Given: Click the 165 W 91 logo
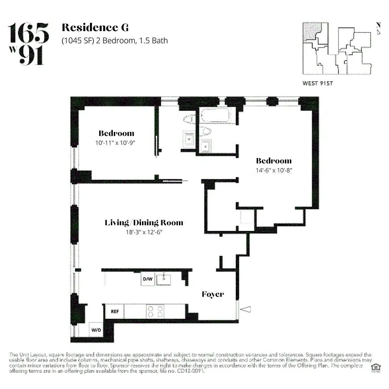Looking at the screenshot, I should click(x=29, y=43).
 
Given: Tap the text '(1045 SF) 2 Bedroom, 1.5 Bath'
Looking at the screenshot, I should click(x=114, y=40).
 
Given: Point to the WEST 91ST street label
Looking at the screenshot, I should click(x=318, y=83).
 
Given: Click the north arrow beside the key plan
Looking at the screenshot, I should click(x=378, y=29).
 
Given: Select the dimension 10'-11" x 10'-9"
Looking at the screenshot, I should click(x=116, y=143).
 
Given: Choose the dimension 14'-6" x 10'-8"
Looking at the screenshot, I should click(x=274, y=171).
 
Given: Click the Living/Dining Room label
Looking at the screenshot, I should click(x=144, y=223).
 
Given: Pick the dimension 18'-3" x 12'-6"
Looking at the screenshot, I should click(x=144, y=232).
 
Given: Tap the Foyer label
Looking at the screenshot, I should click(x=213, y=294).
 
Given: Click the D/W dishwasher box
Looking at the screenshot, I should click(x=147, y=279).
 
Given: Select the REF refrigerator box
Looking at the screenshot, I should click(x=115, y=311).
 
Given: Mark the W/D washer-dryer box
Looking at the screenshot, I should click(x=96, y=330).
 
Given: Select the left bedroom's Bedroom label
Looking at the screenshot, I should click(x=116, y=133).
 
